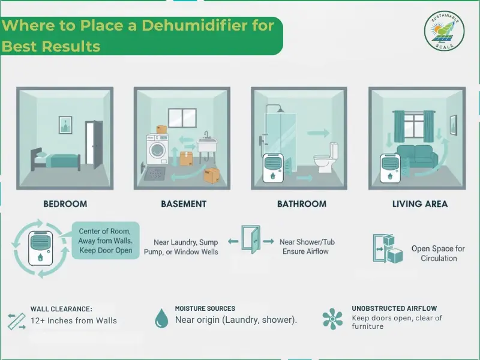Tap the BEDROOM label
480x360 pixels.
(65, 204)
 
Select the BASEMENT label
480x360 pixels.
(184, 204)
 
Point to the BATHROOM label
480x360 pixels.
(301, 204)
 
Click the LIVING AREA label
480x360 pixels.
(420, 204)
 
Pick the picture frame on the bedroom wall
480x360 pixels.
(65, 125)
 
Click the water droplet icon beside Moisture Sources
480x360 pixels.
(161, 317)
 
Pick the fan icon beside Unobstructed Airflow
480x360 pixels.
(332, 319)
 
